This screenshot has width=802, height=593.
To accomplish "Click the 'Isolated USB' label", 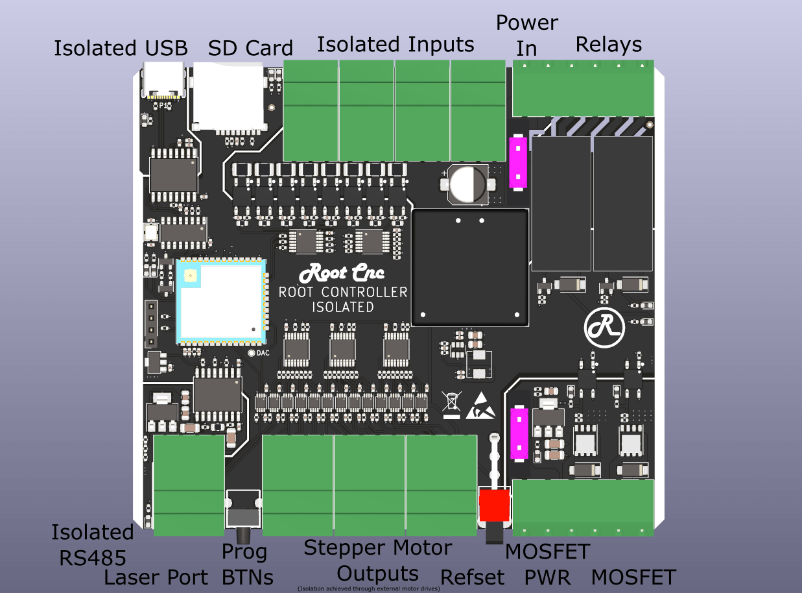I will coord(121,48).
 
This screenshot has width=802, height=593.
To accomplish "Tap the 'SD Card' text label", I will coord(250,48).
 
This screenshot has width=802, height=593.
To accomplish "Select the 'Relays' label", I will coord(608,44).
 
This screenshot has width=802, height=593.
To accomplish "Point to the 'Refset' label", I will coord(472,577).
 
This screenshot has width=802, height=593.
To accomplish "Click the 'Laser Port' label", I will coord(156,577).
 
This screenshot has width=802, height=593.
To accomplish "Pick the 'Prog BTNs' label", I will coord(245,564).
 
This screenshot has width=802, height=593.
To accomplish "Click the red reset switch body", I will coord(495,505).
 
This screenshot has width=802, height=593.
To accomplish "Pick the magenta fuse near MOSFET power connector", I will coord(519,433).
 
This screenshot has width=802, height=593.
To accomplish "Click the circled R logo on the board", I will coord(604,327).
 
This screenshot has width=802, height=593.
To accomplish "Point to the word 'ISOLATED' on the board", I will coord(343,307).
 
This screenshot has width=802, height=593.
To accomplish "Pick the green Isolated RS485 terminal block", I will coord(189,485).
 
